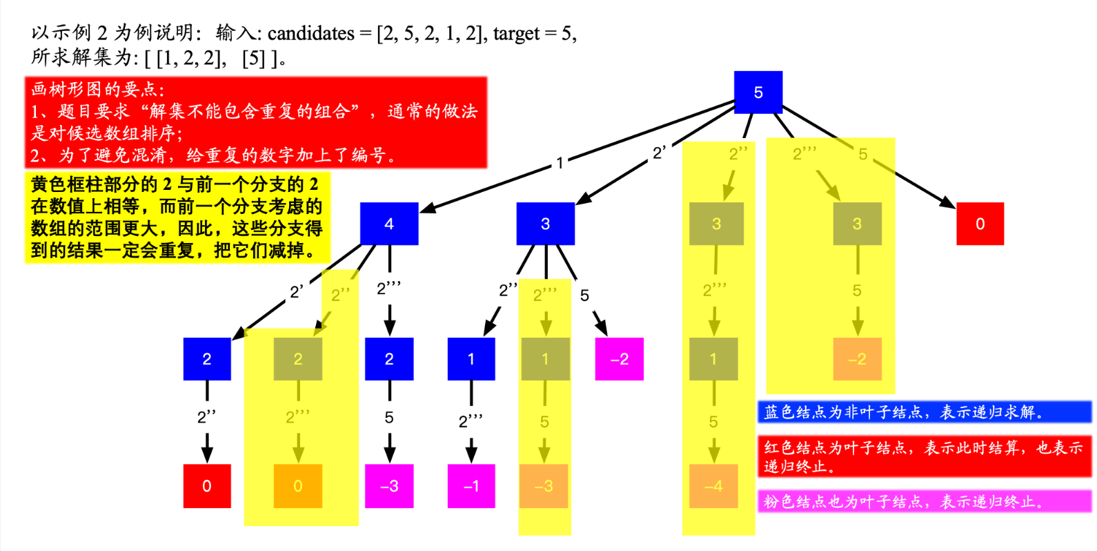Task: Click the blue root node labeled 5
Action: click(x=758, y=92)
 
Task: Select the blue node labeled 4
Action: click(x=389, y=224)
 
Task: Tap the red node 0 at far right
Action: click(x=980, y=224)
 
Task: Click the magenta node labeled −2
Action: click(x=619, y=359)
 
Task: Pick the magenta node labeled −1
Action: click(x=471, y=486)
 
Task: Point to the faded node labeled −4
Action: click(x=713, y=486)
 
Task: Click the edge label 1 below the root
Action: click(x=560, y=163)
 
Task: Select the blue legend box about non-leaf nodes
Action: click(x=924, y=412)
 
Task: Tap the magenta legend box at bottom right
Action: click(x=924, y=501)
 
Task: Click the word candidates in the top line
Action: click(x=310, y=33)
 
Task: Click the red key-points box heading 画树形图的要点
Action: click(x=97, y=89)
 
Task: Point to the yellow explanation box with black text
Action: click(x=177, y=217)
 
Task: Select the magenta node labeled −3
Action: click(x=389, y=486)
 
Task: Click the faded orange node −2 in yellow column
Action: click(x=857, y=359)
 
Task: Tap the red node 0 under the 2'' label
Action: click(x=207, y=486)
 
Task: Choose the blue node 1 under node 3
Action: click(x=471, y=359)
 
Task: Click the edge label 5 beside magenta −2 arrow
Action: click(x=584, y=296)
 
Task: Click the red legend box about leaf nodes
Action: click(x=924, y=456)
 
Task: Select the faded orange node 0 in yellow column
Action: click(x=298, y=486)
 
